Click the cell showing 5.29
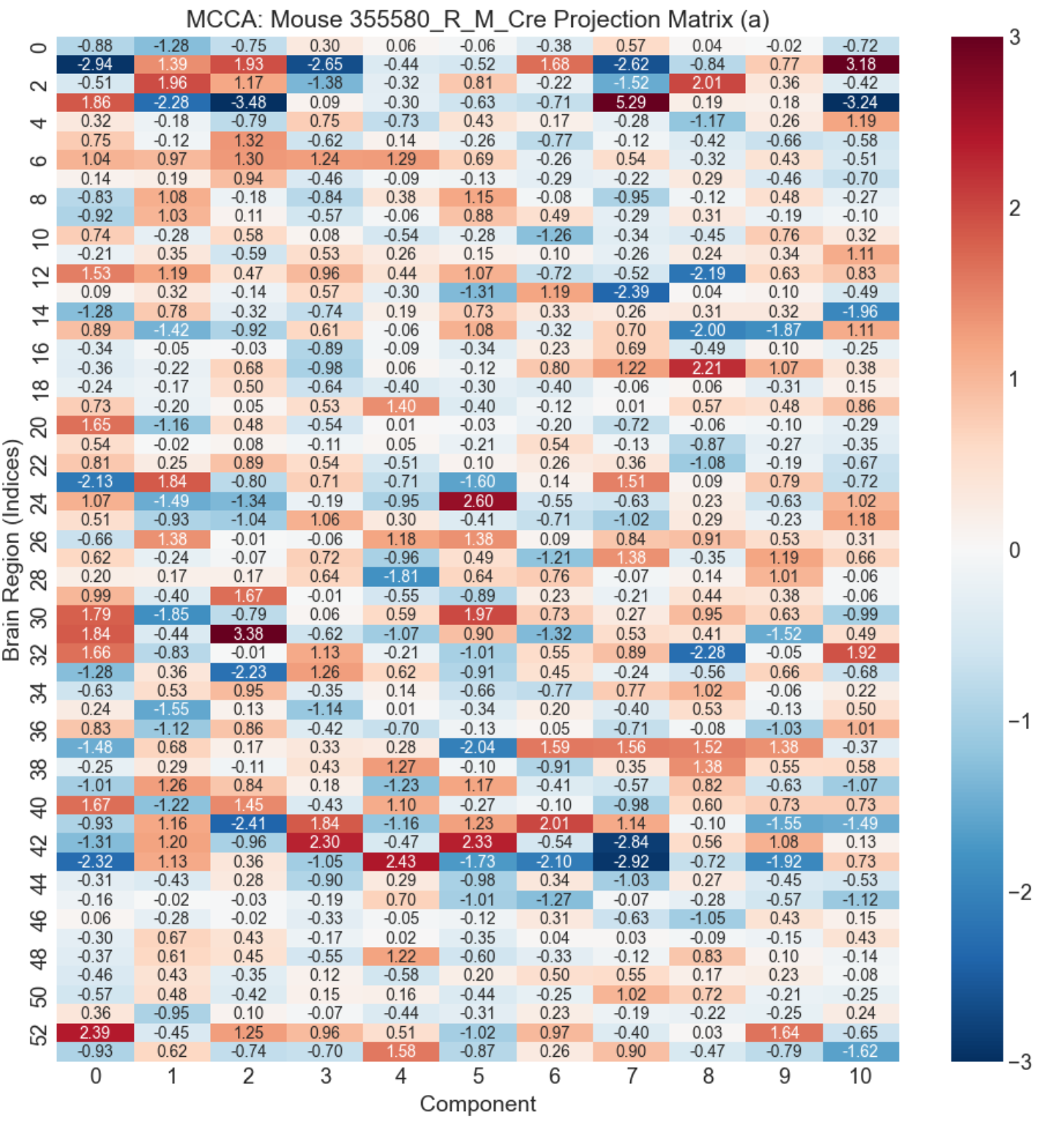click(631, 102)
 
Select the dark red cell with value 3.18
click(860, 64)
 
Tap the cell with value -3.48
click(248, 102)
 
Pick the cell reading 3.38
click(248, 634)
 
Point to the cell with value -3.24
click(860, 102)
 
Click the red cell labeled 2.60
click(478, 501)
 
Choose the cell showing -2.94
click(95, 64)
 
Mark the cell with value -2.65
click(324, 64)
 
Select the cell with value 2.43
click(401, 861)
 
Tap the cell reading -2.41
click(248, 823)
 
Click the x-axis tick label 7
click(631, 1076)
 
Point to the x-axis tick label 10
click(860, 1076)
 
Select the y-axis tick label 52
click(39, 1033)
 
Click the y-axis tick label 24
click(39, 501)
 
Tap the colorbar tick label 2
click(1014, 209)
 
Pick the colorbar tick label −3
click(1019, 1062)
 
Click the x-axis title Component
click(478, 1104)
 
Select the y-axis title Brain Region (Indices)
click(12, 549)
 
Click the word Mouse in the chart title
click(306, 19)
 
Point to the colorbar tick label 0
click(1014, 550)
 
